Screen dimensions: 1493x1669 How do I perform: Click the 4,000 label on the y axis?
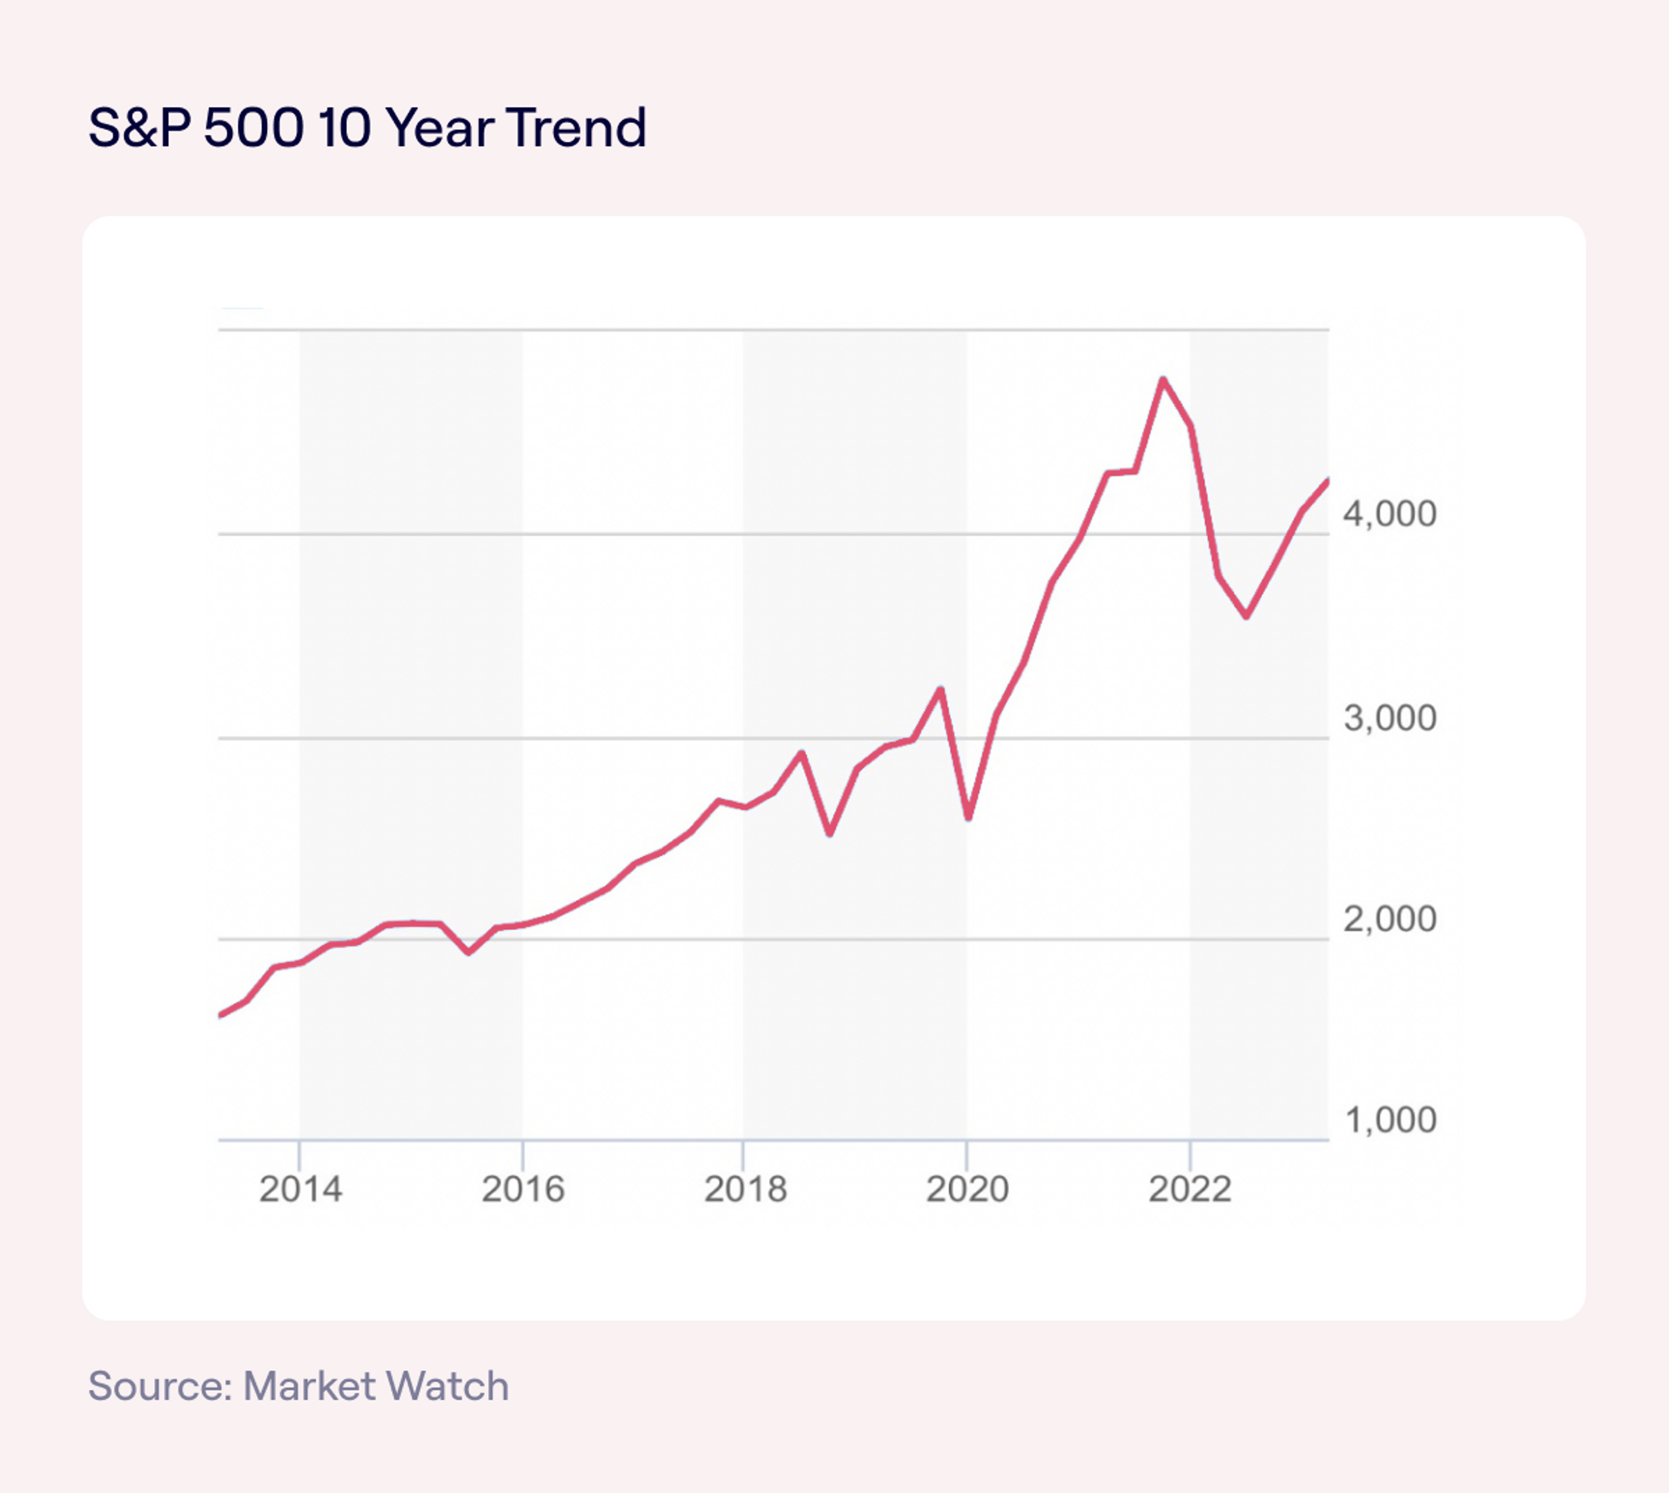(x=1390, y=514)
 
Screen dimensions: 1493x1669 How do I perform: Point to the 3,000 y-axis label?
(x=1390, y=719)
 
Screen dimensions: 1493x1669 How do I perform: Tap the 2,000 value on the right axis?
(x=1390, y=920)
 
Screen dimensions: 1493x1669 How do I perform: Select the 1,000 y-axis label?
(x=1390, y=1120)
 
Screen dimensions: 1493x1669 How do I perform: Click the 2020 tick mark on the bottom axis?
(x=967, y=1155)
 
